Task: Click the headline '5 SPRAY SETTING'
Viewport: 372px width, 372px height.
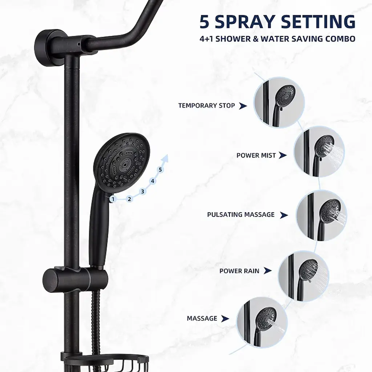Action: pyautogui.click(x=277, y=21)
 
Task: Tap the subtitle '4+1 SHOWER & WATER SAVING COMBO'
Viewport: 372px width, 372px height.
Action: pyautogui.click(x=277, y=39)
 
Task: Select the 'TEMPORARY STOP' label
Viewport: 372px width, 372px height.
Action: pyautogui.click(x=207, y=106)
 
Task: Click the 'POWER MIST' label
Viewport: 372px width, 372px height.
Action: pyautogui.click(x=256, y=155)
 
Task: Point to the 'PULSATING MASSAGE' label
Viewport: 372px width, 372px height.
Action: pyautogui.click(x=241, y=214)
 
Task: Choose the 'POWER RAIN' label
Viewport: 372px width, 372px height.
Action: pyautogui.click(x=239, y=271)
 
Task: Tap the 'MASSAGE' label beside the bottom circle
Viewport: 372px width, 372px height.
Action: pyautogui.click(x=202, y=318)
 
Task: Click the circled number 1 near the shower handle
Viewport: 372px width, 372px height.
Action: pyautogui.click(x=113, y=199)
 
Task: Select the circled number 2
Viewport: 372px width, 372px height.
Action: pyautogui.click(x=129, y=199)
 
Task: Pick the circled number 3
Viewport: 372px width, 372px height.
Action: pyautogui.click(x=142, y=191)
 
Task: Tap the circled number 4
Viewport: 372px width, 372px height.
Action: pyautogui.click(x=153, y=181)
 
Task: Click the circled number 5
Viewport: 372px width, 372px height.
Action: pyautogui.click(x=161, y=170)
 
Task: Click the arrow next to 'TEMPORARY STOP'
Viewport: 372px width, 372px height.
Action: pyautogui.click(x=243, y=106)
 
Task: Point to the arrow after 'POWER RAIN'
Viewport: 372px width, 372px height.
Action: pyautogui.click(x=268, y=271)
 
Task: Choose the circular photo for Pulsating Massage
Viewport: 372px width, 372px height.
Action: pyautogui.click(x=322, y=217)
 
